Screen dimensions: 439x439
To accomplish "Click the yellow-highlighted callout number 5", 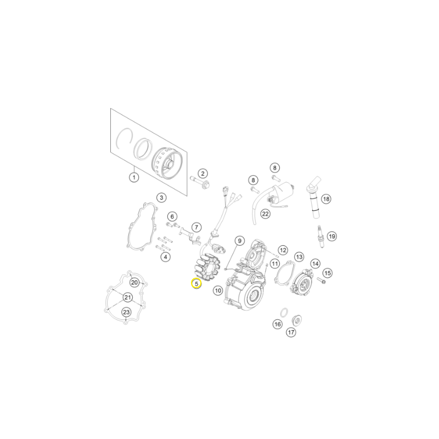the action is pyautogui.click(x=196, y=284).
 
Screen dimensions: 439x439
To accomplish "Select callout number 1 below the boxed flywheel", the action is pyautogui.click(x=134, y=177).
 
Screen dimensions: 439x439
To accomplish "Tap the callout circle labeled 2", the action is pyautogui.click(x=202, y=173).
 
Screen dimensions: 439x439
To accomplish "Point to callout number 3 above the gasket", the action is pyautogui.click(x=161, y=198).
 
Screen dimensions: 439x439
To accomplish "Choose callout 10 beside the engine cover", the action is pyautogui.click(x=218, y=291).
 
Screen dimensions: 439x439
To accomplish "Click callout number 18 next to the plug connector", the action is pyautogui.click(x=326, y=199).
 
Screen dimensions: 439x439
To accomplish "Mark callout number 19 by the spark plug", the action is pyautogui.click(x=332, y=237).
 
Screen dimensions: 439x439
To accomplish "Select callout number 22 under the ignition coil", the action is pyautogui.click(x=265, y=214).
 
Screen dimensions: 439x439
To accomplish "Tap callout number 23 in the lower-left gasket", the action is pyautogui.click(x=127, y=312).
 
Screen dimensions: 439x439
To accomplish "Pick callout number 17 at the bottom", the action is pyautogui.click(x=291, y=333).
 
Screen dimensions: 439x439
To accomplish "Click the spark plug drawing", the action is pyautogui.click(x=320, y=236).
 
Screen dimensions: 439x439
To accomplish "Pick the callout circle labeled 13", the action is pyautogui.click(x=299, y=257).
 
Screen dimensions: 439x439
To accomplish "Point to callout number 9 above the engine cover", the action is pyautogui.click(x=239, y=240).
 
